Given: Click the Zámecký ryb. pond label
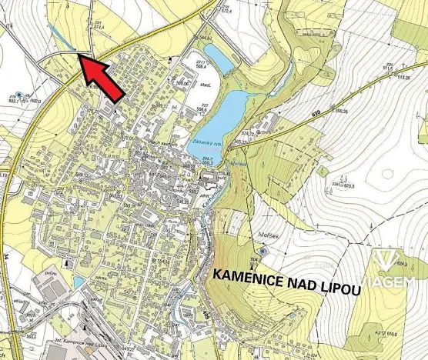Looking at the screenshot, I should tap(202, 143).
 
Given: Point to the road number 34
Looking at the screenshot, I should tap(6, 254).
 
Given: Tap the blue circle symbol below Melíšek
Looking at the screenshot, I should tap(264, 250).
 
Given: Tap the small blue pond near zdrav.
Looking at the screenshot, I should tap(79, 282).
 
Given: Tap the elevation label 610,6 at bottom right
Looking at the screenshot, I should tap(390, 334).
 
